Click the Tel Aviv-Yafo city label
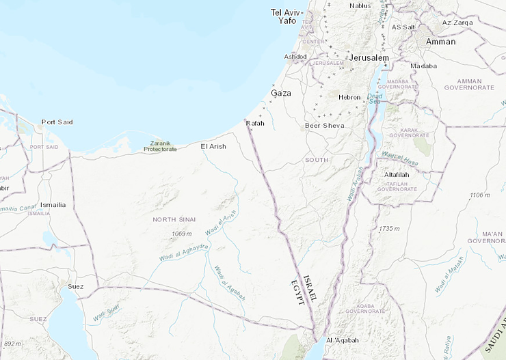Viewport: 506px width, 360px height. tap(286, 16)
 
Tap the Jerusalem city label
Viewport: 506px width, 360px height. tap(369, 58)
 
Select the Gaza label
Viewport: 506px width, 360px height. tap(281, 92)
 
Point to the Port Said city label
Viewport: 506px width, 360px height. tap(57, 122)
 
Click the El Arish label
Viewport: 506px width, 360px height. tap(213, 146)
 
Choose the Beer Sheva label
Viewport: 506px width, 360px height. tap(325, 126)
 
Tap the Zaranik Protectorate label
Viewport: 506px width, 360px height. tap(159, 146)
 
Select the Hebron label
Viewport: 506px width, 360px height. tap(349, 97)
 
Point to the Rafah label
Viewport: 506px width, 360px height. tap(255, 123)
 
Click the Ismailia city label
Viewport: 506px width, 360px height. tap(53, 205)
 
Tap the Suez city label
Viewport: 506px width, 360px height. tap(75, 286)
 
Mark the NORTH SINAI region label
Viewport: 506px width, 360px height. tap(174, 219)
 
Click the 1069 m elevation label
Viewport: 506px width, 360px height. tap(181, 234)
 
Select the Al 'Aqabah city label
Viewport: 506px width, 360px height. tap(343, 340)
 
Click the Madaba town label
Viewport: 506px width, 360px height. tap(423, 66)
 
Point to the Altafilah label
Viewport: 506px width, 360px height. tap(397, 175)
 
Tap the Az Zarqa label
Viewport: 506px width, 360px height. tap(457, 23)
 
